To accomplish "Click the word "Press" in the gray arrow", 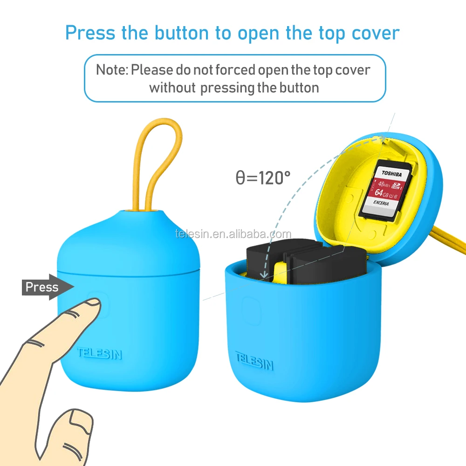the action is click(42, 287).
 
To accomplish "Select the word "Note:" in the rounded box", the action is click(112, 70).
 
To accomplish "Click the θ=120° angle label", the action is click(263, 178).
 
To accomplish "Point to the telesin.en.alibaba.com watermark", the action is click(233, 234).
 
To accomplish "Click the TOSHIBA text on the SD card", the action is click(392, 173).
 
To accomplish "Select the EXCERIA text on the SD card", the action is click(381, 203).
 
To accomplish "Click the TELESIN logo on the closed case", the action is click(100, 353).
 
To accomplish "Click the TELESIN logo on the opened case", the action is click(254, 361).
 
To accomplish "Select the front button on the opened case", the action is click(252, 310).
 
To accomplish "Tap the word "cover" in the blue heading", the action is click(376, 33).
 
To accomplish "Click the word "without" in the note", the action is click(172, 88).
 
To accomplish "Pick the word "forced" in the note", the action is click(235, 70).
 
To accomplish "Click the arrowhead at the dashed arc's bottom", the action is click(264, 274).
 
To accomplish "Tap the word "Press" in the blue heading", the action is click(90, 33).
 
